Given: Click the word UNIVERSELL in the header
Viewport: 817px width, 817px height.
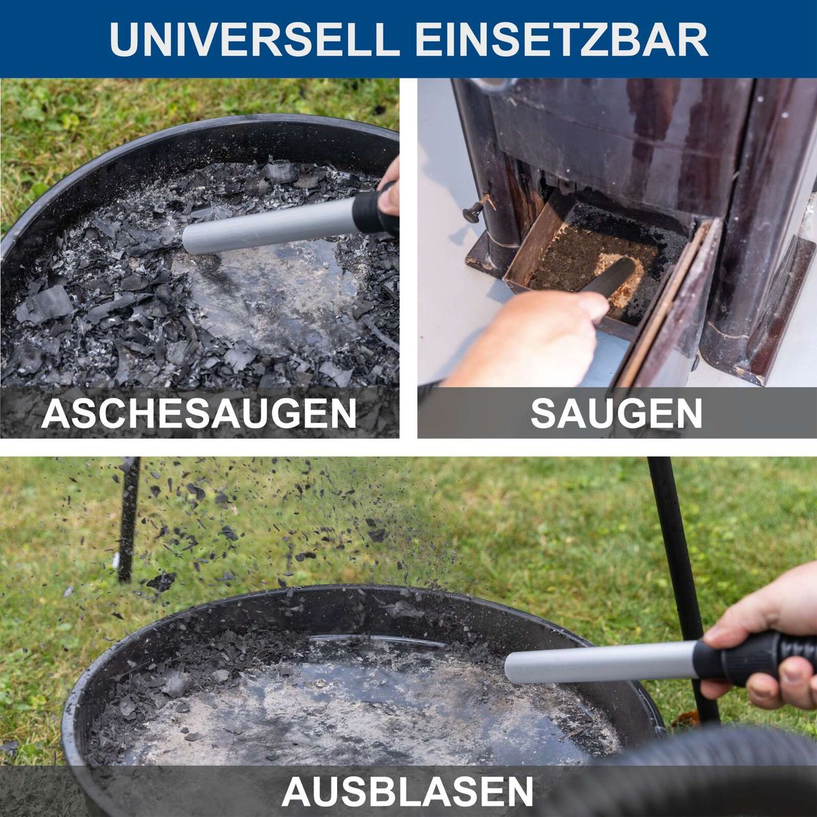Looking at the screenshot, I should click(x=253, y=39).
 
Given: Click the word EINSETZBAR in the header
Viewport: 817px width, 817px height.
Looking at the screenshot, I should click(x=562, y=39).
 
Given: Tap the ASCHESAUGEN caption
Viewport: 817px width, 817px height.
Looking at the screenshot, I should click(x=199, y=413).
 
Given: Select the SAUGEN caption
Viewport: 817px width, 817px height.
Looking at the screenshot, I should click(x=616, y=413).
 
